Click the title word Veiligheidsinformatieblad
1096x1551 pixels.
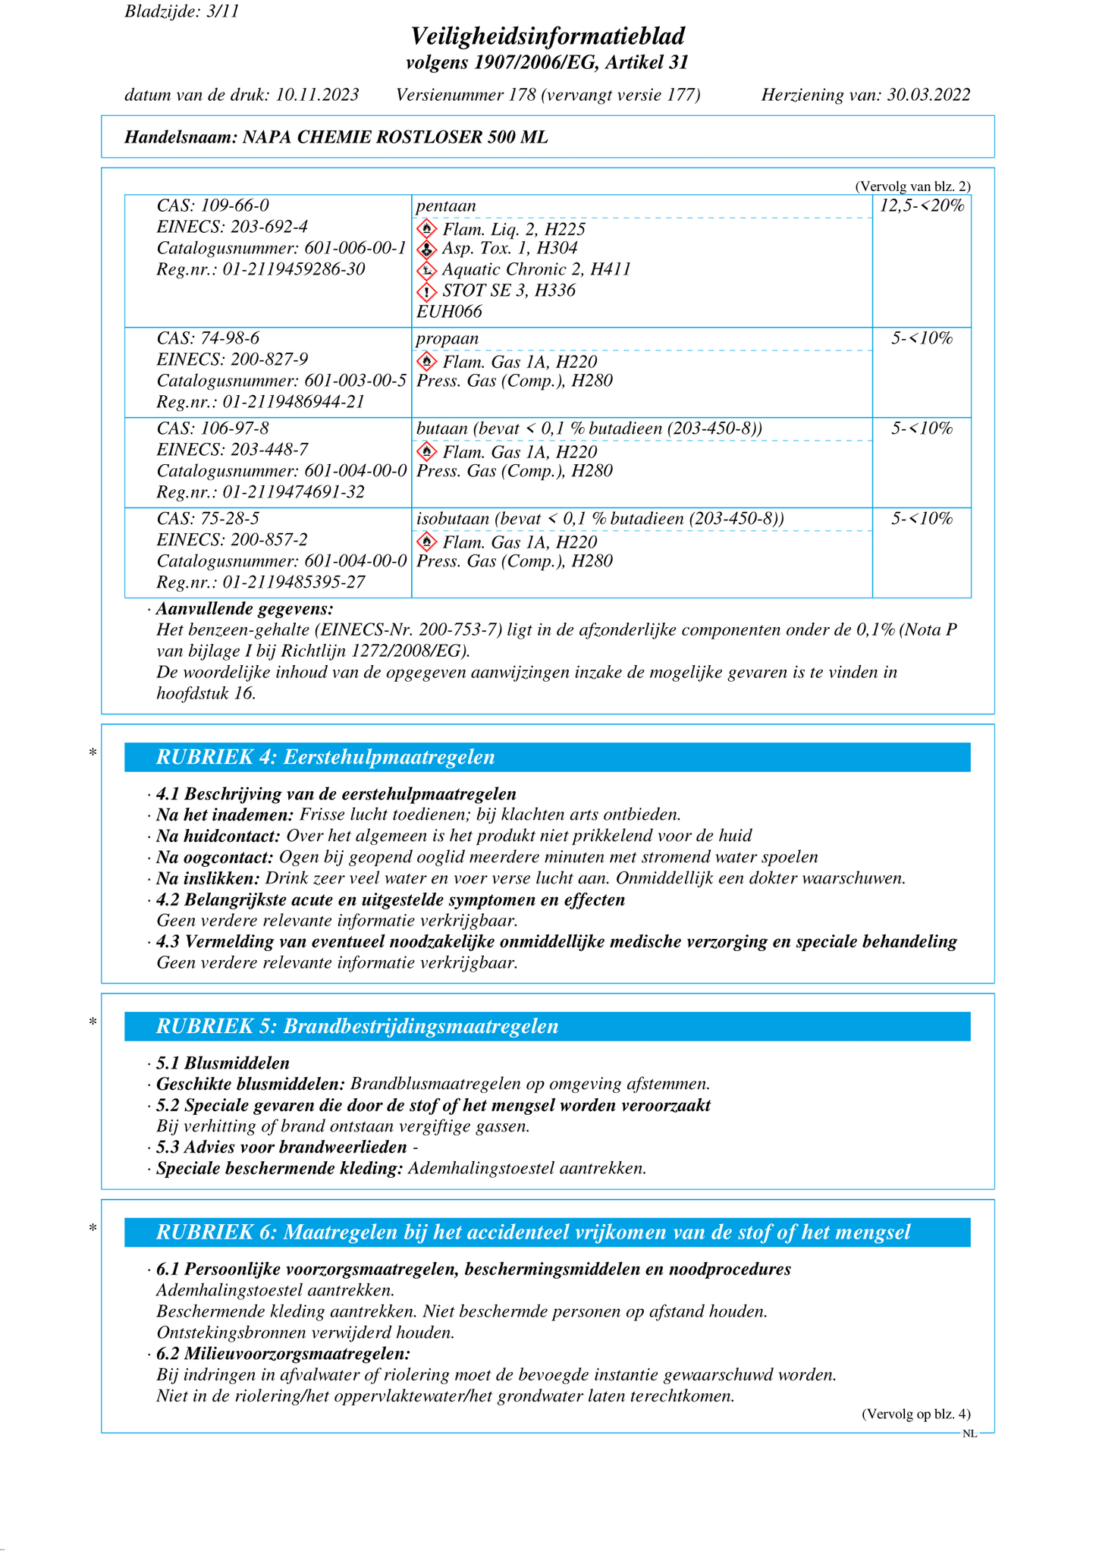548,36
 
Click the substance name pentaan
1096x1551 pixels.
446,206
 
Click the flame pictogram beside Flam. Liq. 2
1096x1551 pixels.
427,229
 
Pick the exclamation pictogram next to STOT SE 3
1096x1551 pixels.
427,291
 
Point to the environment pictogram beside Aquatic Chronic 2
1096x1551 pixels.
427,270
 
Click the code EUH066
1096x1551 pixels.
449,312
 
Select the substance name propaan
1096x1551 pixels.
448,338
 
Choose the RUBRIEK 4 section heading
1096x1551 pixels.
325,757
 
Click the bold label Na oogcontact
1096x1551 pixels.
215,857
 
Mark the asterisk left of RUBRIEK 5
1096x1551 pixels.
93,1022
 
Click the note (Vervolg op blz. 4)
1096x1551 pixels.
915,1414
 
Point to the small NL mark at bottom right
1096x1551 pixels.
969,1433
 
